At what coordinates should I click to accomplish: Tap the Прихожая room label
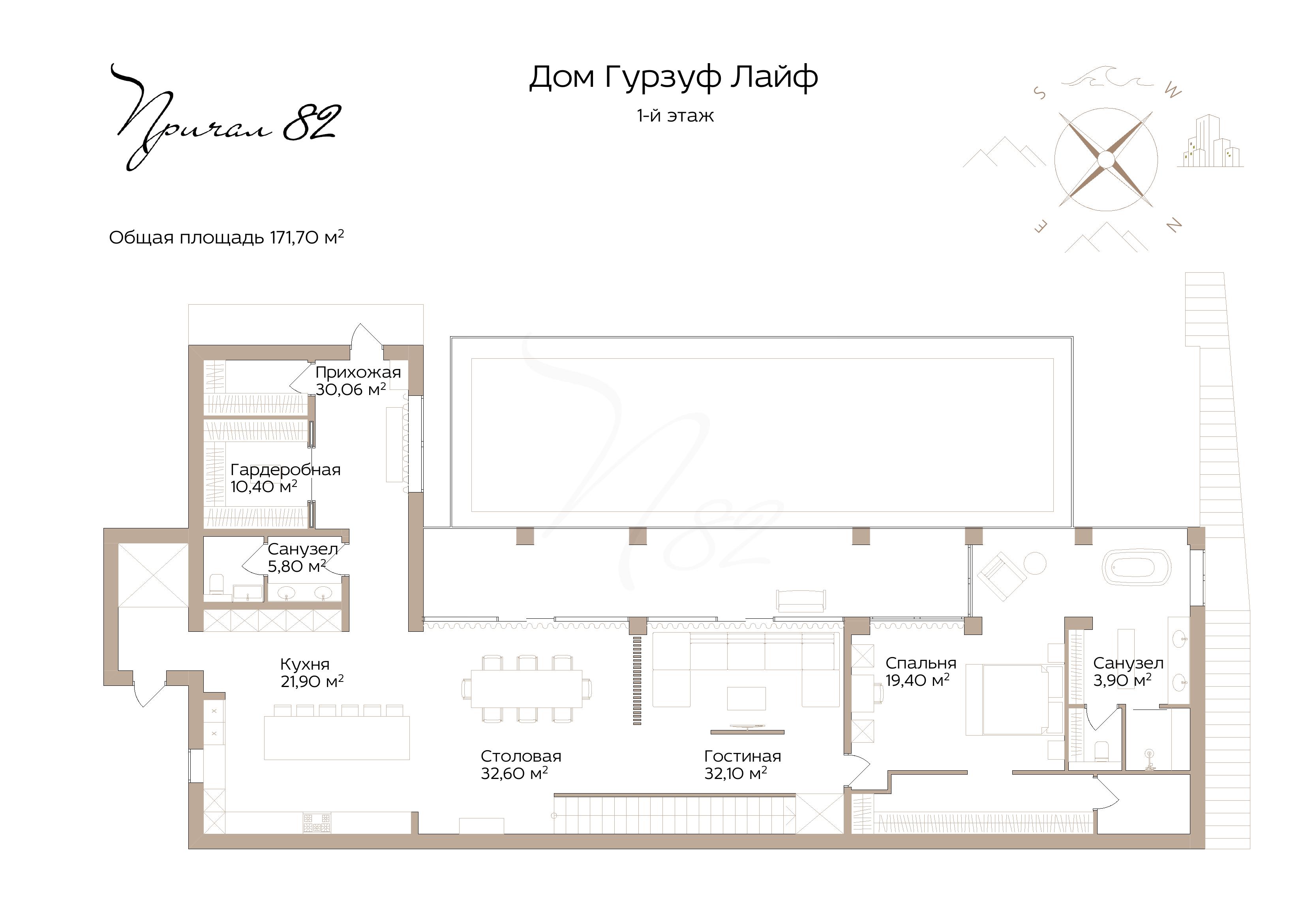coord(358,373)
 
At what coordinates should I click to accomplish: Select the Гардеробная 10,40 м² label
coord(285,478)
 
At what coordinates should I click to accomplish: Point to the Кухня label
coord(305,664)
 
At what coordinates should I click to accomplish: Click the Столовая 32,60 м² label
coord(520,764)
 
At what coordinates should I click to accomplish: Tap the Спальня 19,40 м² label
coord(920,671)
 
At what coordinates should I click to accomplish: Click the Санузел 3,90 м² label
coord(1128,671)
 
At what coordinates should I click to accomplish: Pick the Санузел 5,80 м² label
coord(302,557)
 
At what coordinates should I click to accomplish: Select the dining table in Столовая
coord(527,689)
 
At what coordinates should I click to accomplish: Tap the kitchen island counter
coord(337,738)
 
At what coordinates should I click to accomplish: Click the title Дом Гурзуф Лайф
coord(674,77)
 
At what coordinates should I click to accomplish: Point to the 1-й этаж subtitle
coord(675,116)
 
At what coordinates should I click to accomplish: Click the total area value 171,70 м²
coord(307,237)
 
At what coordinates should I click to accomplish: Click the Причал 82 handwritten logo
coord(226,117)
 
